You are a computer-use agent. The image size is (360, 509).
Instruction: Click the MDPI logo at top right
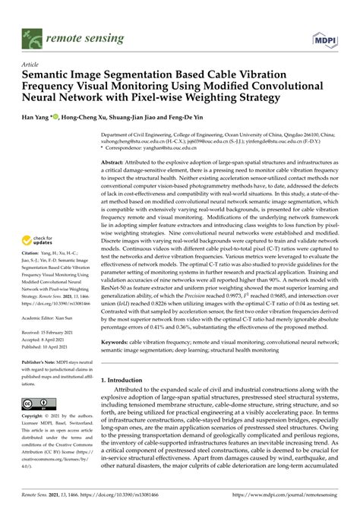click(x=324, y=36)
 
